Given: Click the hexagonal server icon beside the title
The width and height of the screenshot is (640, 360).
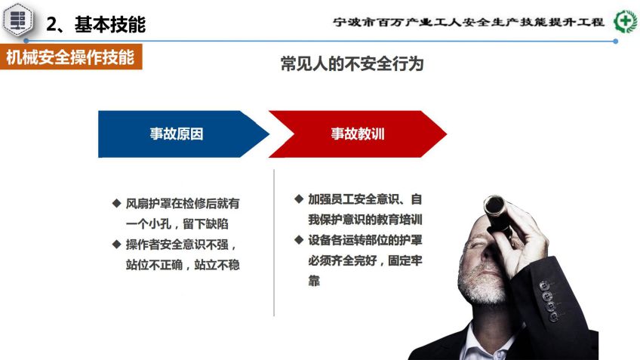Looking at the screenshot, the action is coord(17,19).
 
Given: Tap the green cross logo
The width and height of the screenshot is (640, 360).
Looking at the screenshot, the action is coord(626,21).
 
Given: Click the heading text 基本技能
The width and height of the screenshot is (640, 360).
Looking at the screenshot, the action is coord(109,24).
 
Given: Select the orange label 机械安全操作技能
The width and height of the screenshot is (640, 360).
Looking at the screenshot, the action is coord(71,57).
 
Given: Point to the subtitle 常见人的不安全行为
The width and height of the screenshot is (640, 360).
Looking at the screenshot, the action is coord(352,63).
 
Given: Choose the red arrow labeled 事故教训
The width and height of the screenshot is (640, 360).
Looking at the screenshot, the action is coord(358,134).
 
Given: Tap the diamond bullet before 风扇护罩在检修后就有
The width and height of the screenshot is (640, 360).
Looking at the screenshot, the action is coord(117,203).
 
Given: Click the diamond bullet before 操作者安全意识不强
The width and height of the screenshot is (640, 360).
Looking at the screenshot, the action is coord(117,244).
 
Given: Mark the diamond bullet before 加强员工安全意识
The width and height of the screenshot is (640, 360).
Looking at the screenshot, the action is coord(299,198).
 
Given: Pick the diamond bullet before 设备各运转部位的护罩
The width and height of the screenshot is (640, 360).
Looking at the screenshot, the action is coord(299,239).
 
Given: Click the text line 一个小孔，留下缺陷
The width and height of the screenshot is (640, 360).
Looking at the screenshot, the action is coord(177,223).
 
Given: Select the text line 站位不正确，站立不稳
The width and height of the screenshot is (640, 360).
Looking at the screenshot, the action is coord(183,265).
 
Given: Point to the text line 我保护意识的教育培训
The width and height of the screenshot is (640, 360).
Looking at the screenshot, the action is coord(365,220).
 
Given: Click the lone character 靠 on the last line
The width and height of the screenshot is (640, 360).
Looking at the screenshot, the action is coord(314,281).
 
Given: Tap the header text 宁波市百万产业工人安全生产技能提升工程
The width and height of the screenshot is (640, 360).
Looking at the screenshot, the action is coord(469,22).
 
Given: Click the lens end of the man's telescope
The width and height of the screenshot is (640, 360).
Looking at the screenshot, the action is coord(494,205).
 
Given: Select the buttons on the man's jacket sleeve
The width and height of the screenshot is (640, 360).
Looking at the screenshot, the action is coord(549,301).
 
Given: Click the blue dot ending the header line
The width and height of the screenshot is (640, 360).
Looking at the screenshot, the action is coord(616,42).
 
